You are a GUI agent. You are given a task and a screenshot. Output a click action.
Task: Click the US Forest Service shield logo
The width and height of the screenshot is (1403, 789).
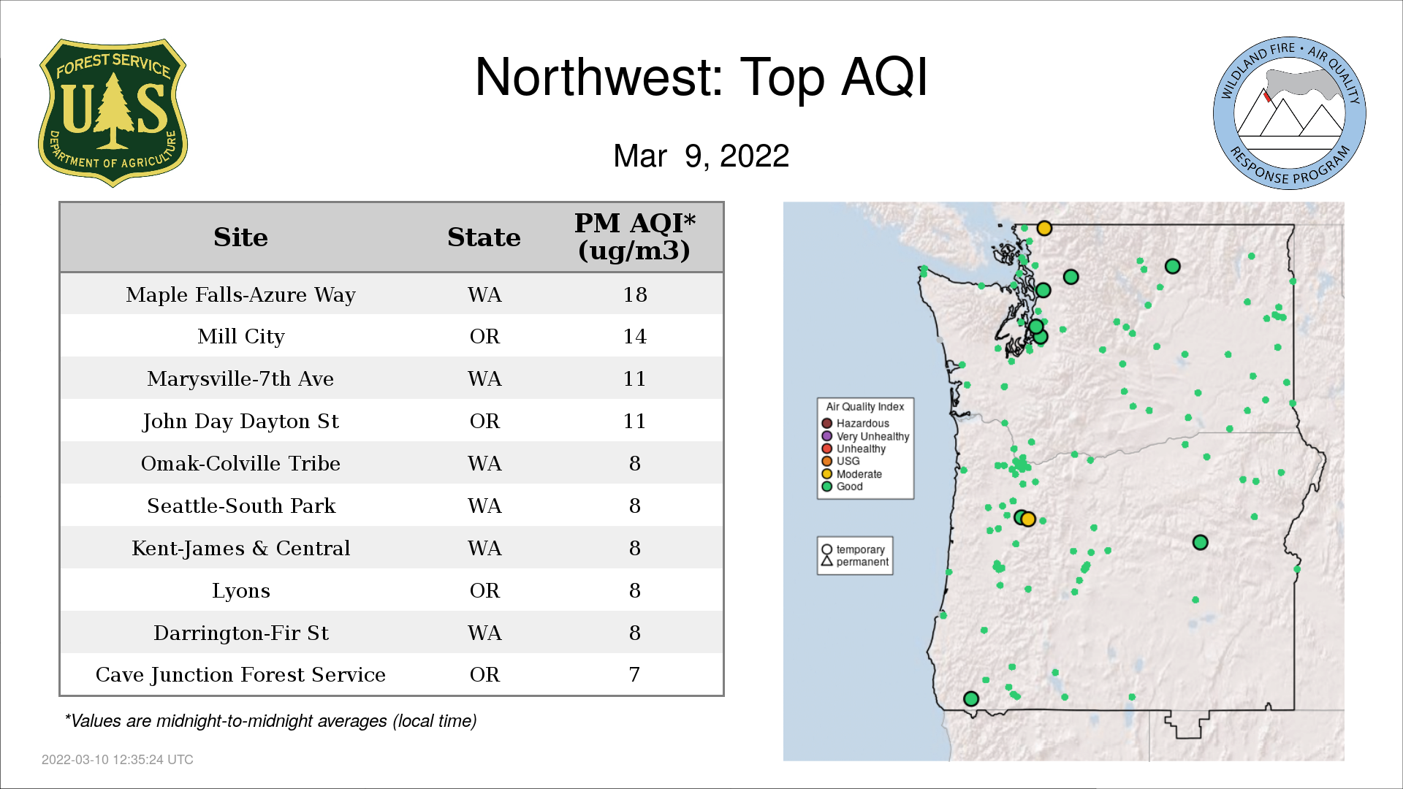[x=113, y=113]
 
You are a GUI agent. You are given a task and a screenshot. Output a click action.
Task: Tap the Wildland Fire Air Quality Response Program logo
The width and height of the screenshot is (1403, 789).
[x=1290, y=113]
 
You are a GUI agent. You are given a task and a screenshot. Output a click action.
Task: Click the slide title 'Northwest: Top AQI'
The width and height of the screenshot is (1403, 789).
[x=701, y=77]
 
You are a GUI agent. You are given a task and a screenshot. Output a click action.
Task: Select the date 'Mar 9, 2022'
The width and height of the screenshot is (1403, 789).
[x=701, y=156]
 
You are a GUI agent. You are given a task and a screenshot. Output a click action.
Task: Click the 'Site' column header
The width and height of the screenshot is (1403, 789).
[x=240, y=237]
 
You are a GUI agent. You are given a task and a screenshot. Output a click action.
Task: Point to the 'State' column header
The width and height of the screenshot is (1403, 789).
[x=484, y=237]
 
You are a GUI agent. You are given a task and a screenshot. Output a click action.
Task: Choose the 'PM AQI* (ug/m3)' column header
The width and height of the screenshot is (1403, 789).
[x=634, y=237]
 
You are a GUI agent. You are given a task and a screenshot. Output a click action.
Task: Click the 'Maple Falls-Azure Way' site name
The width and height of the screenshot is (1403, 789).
[x=240, y=294]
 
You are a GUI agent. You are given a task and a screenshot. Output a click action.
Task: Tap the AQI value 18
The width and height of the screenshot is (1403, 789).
[x=635, y=294]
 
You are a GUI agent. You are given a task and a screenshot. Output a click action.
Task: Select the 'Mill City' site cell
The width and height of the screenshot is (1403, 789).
[x=241, y=336]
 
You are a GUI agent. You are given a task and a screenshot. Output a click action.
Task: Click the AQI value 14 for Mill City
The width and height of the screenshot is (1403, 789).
[x=635, y=336]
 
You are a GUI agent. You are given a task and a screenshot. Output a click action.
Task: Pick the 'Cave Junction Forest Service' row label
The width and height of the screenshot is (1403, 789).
[x=240, y=674]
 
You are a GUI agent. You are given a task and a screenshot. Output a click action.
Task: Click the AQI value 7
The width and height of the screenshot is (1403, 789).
[x=634, y=674]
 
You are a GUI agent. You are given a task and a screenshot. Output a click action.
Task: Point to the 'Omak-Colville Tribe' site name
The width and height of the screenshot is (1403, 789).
[x=240, y=463]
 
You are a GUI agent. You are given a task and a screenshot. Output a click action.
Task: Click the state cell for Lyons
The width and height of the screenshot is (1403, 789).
[x=484, y=590]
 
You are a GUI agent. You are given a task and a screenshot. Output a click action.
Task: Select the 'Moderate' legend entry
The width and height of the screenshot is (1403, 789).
[x=851, y=474]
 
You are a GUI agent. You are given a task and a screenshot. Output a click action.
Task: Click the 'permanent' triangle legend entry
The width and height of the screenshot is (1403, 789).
[x=855, y=562]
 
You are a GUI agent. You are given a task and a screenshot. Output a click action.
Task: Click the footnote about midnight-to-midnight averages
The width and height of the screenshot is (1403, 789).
[x=270, y=721]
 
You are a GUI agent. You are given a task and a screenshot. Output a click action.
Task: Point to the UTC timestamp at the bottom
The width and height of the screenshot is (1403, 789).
[x=118, y=760]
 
